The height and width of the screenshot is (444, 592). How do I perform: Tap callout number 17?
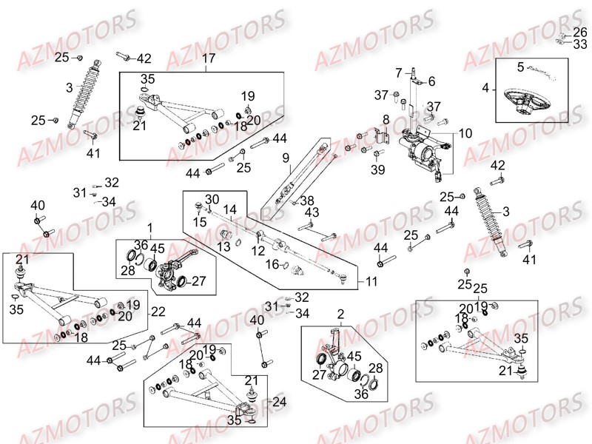pyautogui.click(x=209, y=58)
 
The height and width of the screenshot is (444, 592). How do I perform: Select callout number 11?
pyautogui.click(x=371, y=282)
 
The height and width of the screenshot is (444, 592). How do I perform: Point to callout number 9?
pyautogui.click(x=286, y=158)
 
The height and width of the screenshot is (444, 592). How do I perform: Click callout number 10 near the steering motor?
pyautogui.click(x=465, y=133)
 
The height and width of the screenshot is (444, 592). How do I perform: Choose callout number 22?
pyautogui.click(x=158, y=312)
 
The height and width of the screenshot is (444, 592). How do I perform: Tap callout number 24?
pyautogui.click(x=280, y=402)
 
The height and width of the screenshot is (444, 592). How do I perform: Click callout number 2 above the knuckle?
pyautogui.click(x=340, y=314)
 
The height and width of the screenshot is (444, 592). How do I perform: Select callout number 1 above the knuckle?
pyautogui.click(x=150, y=228)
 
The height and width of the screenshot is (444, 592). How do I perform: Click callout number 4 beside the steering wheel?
pyautogui.click(x=485, y=88)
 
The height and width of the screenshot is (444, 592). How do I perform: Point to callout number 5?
pyautogui.click(x=521, y=67)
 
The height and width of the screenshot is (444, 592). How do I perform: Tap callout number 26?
pyautogui.click(x=580, y=32)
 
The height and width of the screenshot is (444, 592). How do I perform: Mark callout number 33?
pyautogui.click(x=580, y=44)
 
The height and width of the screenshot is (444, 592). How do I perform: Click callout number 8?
pyautogui.click(x=386, y=120)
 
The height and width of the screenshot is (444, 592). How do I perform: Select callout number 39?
pyautogui.click(x=378, y=169)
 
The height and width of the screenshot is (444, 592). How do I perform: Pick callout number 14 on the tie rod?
pyautogui.click(x=229, y=209)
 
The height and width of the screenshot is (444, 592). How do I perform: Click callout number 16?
pyautogui.click(x=272, y=264)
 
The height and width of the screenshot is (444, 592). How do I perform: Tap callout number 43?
pyautogui.click(x=312, y=212)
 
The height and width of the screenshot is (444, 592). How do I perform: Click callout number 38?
pyautogui.click(x=307, y=201)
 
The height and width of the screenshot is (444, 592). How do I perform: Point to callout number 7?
pyautogui.click(x=399, y=73)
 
